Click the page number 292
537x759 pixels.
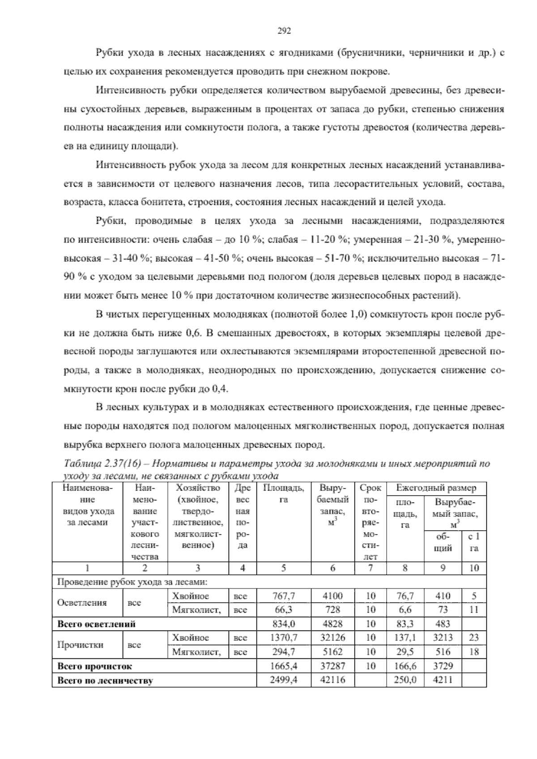click(284, 31)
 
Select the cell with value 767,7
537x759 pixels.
click(284, 596)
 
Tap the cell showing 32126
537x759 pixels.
click(332, 637)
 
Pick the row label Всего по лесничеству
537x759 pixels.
click(105, 681)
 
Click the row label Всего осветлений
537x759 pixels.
click(97, 623)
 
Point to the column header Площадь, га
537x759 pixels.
click(284, 494)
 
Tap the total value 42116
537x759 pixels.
click(332, 680)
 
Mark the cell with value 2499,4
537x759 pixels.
click(284, 680)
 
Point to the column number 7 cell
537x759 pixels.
click(371, 568)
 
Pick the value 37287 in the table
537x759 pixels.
click(332, 666)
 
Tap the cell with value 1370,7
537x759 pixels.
click(284, 637)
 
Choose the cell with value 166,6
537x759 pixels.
click(405, 666)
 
